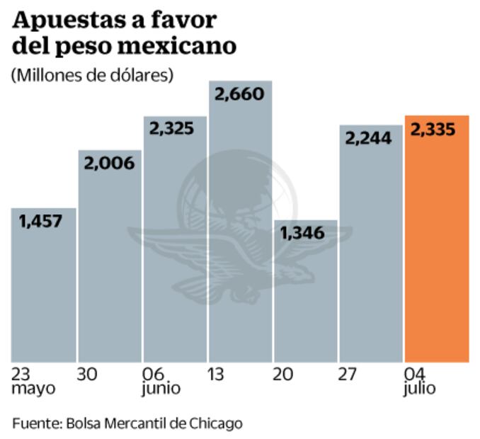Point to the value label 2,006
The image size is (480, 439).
108,164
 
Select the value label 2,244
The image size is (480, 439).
368,139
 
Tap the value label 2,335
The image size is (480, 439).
433,130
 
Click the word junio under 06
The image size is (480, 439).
161,388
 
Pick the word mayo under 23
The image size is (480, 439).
33,389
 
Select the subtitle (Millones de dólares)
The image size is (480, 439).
92,74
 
